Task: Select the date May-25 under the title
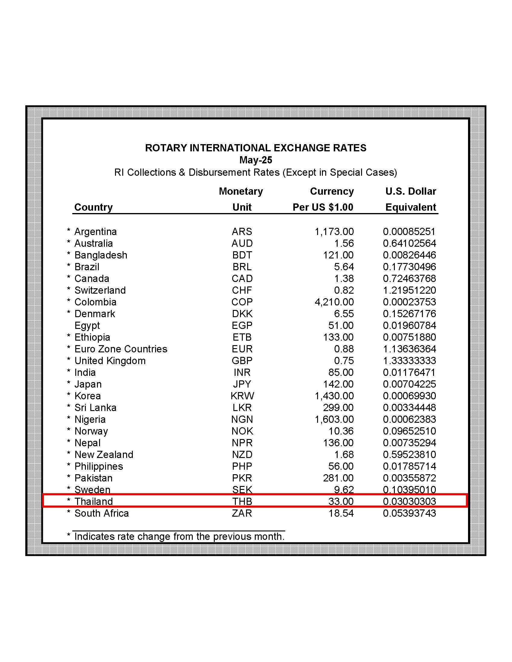click(256, 160)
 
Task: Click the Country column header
click(93, 207)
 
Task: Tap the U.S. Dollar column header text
click(411, 191)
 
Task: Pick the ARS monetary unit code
click(242, 232)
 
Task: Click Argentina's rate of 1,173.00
click(334, 232)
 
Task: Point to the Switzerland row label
click(100, 290)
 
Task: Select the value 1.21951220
click(409, 290)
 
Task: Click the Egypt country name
click(87, 326)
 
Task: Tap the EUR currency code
click(242, 349)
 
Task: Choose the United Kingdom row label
click(110, 361)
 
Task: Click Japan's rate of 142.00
click(338, 384)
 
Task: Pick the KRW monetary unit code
click(242, 396)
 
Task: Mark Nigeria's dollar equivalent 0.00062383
click(409, 419)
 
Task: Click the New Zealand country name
click(104, 454)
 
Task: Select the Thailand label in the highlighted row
click(93, 501)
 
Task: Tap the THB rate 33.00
click(341, 501)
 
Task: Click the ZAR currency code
click(242, 513)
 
